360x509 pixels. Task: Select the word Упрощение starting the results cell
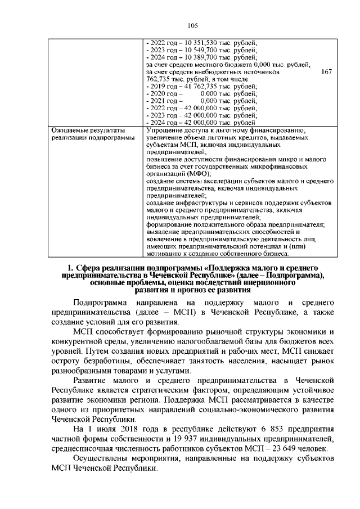(x=164, y=130)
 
